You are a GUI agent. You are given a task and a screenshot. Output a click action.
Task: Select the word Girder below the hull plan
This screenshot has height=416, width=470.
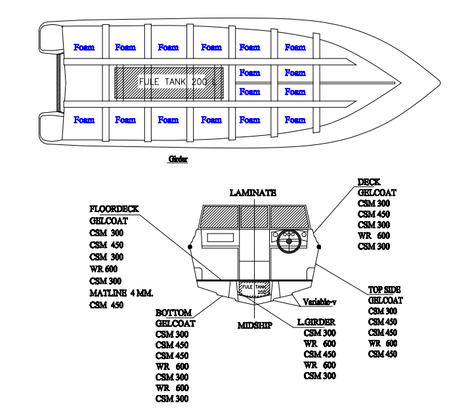pyautogui.click(x=178, y=159)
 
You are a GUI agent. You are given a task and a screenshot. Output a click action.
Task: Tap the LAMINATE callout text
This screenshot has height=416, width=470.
pyautogui.click(x=253, y=193)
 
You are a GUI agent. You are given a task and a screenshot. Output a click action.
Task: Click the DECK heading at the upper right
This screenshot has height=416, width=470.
pyautogui.click(x=369, y=182)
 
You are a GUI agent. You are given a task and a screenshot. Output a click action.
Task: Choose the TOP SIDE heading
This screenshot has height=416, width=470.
pyautogui.click(x=384, y=289)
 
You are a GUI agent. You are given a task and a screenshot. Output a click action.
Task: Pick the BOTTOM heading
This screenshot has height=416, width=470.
pyautogui.click(x=173, y=313)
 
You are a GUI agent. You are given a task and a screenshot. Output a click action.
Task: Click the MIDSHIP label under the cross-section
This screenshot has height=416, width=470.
pyautogui.click(x=254, y=325)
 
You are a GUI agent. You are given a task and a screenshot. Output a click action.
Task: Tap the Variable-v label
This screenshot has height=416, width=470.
pyautogui.click(x=320, y=302)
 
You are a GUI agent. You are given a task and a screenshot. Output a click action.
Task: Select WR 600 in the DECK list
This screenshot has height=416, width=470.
pyautogui.click(x=374, y=236)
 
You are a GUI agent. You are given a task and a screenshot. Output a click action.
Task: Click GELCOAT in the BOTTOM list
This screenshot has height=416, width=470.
pyautogui.click(x=175, y=323)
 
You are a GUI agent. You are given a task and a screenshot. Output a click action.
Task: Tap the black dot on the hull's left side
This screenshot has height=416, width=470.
pyautogui.click(x=189, y=247)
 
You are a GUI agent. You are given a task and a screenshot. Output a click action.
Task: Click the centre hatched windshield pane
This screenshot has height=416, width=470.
pyautogui.click(x=254, y=216)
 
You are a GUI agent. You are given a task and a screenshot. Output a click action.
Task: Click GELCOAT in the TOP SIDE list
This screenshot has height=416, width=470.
pyautogui.click(x=385, y=301)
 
